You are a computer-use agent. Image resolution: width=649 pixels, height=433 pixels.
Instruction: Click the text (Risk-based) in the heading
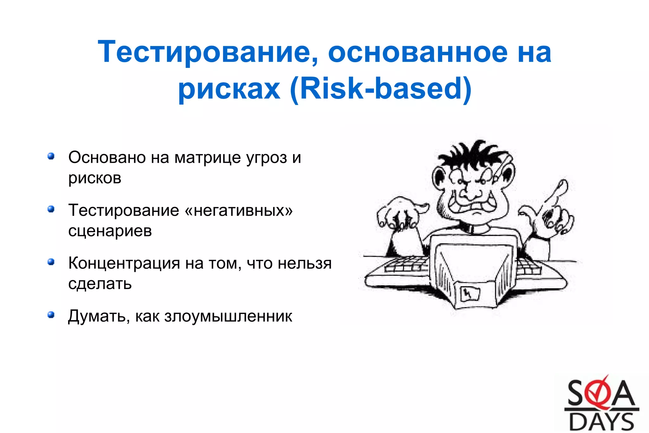click(381, 89)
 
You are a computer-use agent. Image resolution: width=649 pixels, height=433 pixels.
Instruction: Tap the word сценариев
click(110, 231)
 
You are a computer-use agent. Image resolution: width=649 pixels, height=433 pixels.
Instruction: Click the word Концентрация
click(124, 263)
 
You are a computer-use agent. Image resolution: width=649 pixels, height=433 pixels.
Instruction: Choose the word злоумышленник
click(228, 316)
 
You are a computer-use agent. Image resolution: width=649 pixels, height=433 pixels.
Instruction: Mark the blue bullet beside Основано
click(51, 156)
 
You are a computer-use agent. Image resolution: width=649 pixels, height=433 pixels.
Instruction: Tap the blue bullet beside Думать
click(51, 315)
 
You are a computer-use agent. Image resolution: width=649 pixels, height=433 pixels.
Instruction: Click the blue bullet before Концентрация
click(51, 262)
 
